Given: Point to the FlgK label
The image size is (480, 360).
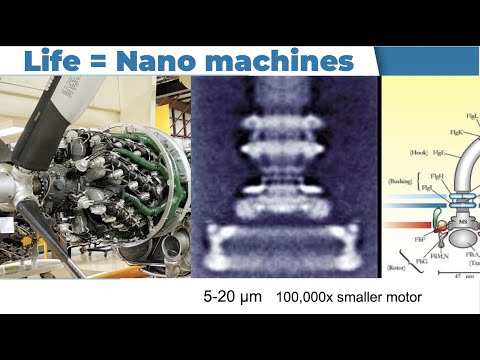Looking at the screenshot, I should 455,132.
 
